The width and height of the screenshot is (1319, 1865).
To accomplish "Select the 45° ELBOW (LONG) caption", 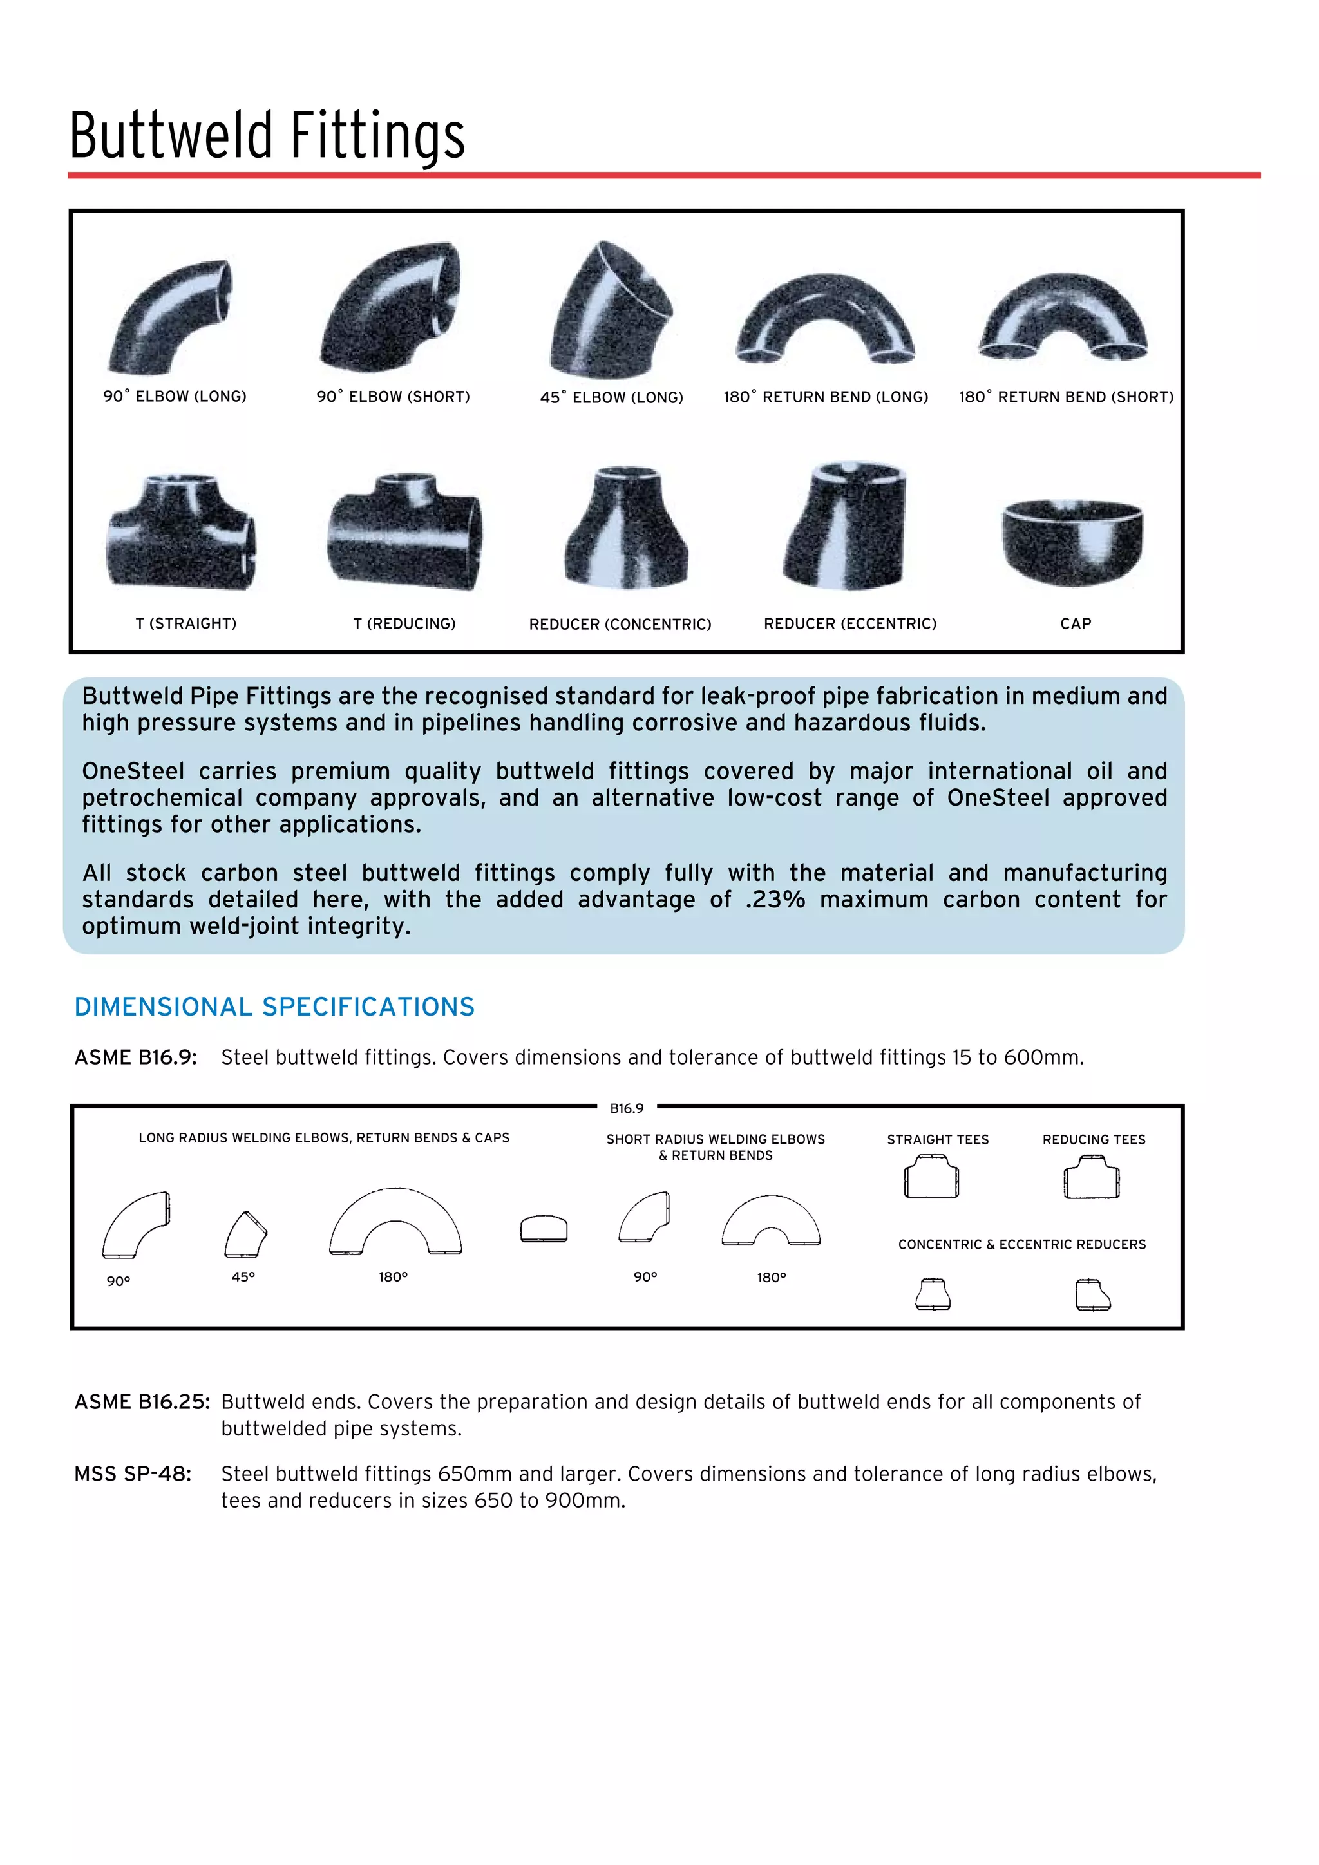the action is (x=612, y=397).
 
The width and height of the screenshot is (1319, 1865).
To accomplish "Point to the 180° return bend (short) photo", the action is (x=1064, y=317).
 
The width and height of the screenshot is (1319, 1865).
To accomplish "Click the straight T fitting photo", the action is (x=182, y=532).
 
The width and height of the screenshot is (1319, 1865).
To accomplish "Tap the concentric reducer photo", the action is (x=626, y=528).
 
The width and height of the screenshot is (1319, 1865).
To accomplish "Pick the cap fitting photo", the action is (x=1072, y=540).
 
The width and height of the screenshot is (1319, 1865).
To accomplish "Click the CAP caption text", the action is (x=1076, y=624).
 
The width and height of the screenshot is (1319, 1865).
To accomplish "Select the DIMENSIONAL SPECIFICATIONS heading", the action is (x=274, y=1007).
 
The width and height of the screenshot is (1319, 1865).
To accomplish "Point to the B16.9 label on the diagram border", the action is (x=626, y=1108).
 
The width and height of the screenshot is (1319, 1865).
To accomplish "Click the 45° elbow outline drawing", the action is (x=245, y=1234).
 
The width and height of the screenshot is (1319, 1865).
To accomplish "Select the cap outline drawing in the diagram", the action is (x=544, y=1228).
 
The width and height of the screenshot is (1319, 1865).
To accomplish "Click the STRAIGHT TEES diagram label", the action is (x=937, y=1140).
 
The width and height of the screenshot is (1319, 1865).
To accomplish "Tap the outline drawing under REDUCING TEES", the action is (x=1092, y=1178).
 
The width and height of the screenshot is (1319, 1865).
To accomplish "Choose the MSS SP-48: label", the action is (x=133, y=1473).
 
